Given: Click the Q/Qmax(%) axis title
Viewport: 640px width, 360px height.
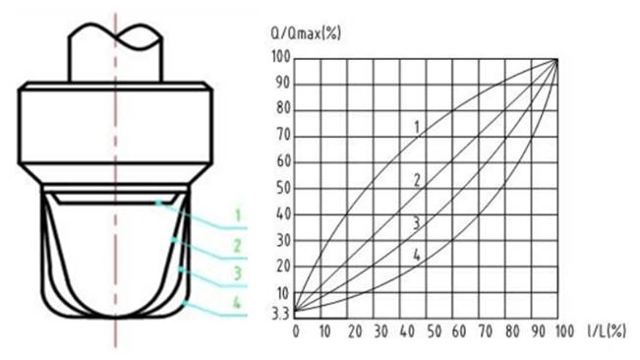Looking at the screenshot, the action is pyautogui.click(x=306, y=32).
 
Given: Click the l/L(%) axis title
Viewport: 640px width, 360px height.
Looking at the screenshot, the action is pyautogui.click(x=607, y=331).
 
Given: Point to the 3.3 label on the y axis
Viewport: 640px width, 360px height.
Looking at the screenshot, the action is pyautogui.click(x=280, y=314).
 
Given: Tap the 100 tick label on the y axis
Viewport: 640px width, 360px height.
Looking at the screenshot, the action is pyautogui.click(x=281, y=57).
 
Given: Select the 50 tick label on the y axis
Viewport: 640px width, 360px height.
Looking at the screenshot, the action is pyautogui.click(x=283, y=188).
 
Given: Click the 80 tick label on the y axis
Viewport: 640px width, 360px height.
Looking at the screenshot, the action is pyautogui.click(x=283, y=108).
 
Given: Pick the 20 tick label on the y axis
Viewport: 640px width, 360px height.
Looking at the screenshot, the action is pyautogui.click(x=283, y=267).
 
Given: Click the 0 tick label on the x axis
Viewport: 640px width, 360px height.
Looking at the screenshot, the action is pyautogui.click(x=296, y=331).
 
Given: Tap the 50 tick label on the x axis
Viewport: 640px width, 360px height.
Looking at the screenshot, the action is pyautogui.click(x=434, y=331).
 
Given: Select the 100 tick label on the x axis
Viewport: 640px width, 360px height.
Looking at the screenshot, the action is pyautogui.click(x=564, y=331).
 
